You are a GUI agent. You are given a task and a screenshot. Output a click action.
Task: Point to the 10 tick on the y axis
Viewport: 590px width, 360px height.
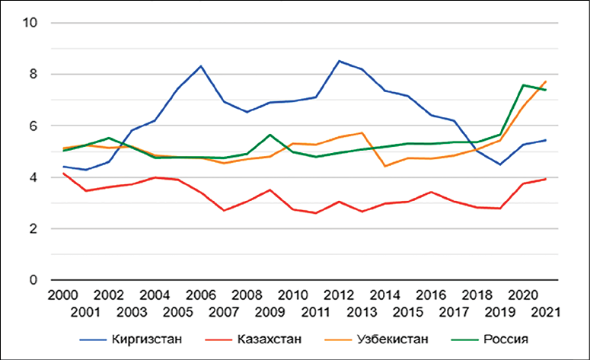31,23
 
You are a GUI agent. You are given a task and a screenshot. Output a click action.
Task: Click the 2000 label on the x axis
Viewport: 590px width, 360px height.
61,295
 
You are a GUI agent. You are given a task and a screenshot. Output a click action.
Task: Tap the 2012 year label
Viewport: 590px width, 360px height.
338,295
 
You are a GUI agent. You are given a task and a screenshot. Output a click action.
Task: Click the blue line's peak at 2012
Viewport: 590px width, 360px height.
339,61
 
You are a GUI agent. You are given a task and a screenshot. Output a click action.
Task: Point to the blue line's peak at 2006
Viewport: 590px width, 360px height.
200,65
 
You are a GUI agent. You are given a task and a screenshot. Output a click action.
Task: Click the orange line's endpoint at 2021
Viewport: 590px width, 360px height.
546,81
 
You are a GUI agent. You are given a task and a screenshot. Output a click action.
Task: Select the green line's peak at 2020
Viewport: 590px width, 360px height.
523,85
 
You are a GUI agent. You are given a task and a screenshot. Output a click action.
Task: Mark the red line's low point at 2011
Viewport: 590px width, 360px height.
315,213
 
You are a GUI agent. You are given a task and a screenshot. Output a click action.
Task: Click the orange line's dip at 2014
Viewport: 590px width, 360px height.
384,166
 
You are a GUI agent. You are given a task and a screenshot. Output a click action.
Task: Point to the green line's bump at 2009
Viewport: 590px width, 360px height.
269,135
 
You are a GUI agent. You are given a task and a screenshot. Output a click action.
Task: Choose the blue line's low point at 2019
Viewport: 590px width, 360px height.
499,164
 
